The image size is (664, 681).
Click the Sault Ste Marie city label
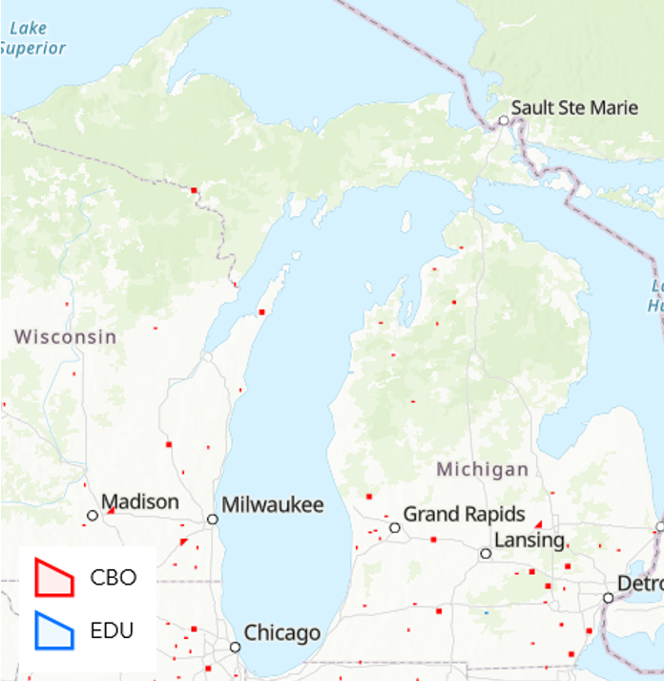574,108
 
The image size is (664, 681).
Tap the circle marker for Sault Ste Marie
504,120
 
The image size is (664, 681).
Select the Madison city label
140,502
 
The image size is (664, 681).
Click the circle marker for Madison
93,516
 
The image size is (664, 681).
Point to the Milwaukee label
273,505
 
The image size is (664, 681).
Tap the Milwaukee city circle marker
213,520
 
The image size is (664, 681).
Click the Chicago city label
282,632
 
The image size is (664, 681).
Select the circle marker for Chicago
236,647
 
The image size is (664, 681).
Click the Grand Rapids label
465,514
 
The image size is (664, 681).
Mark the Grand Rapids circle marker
395,527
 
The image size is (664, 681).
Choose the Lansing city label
529,540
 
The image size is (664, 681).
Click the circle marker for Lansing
486,554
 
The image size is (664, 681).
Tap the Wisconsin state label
66,337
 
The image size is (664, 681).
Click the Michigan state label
483,469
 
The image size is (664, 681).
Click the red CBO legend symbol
53,577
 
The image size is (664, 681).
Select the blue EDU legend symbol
53,630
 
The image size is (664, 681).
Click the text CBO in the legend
114,578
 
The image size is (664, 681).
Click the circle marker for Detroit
609,598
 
